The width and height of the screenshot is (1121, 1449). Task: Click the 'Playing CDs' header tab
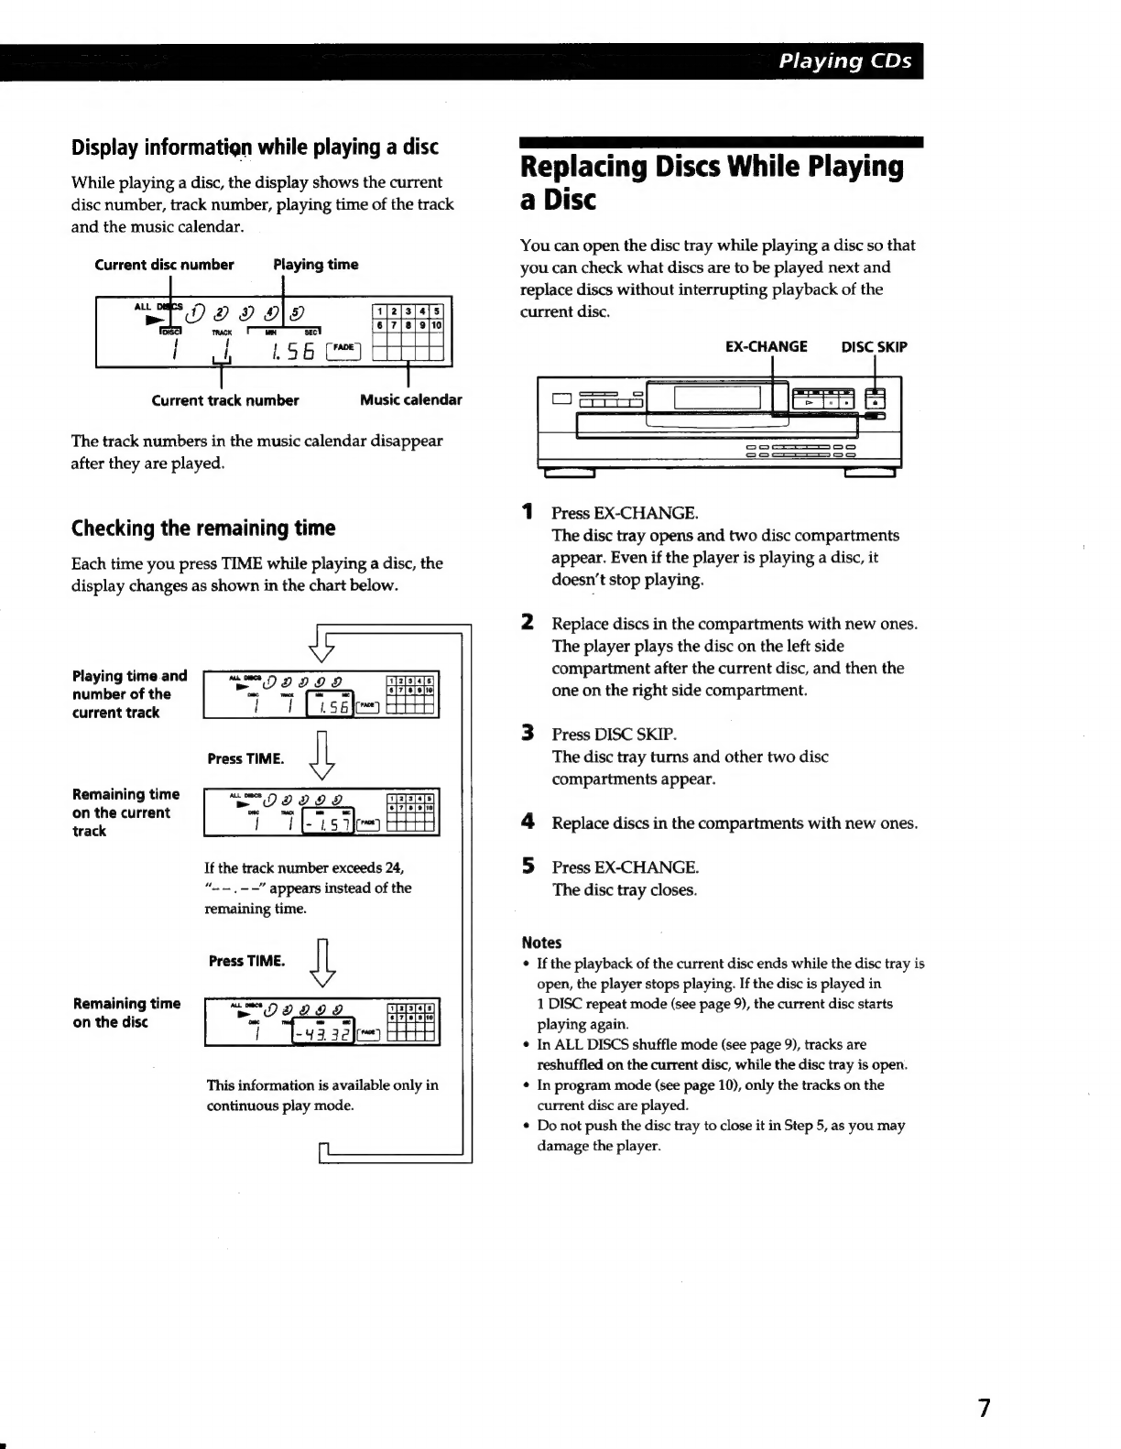(845, 61)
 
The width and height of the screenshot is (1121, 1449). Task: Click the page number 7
(984, 1407)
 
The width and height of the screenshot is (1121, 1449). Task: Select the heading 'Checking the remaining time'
(203, 528)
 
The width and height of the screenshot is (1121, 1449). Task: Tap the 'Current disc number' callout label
(164, 265)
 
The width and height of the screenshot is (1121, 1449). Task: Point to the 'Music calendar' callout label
(410, 400)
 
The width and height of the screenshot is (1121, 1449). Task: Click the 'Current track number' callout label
(224, 400)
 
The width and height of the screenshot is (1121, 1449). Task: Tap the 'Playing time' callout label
(316, 265)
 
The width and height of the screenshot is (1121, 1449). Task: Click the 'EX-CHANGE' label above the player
(766, 347)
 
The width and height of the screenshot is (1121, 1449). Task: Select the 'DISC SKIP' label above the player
(874, 347)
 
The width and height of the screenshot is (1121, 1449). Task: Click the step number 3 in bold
(528, 734)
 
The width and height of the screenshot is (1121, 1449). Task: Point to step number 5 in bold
(528, 866)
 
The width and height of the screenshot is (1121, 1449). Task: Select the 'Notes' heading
(541, 942)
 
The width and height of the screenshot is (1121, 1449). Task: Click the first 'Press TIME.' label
(245, 758)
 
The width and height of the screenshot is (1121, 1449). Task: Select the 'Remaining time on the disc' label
(126, 1013)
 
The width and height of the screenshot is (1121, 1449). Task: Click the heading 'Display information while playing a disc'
(255, 147)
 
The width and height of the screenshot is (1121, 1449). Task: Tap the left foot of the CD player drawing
(570, 473)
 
